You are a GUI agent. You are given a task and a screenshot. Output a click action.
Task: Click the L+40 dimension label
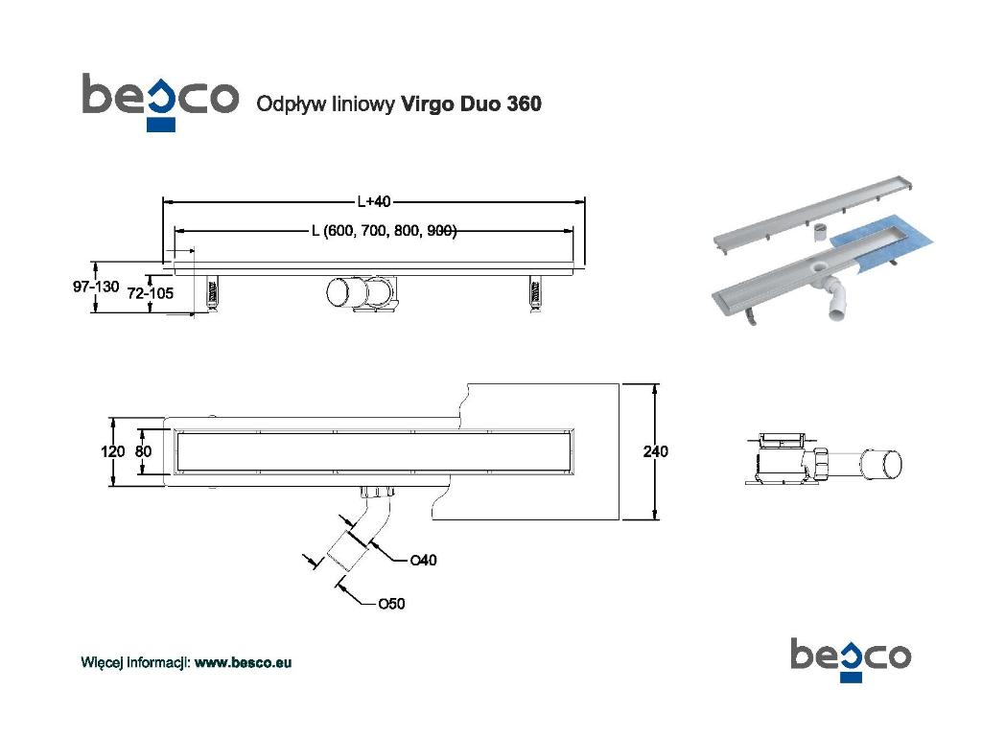(374, 201)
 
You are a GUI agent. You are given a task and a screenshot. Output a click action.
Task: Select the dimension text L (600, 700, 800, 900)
(384, 231)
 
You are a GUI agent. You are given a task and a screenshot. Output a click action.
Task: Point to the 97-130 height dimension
(96, 287)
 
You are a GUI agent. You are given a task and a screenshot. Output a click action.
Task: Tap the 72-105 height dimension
(151, 293)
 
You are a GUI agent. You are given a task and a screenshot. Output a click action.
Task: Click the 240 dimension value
(655, 451)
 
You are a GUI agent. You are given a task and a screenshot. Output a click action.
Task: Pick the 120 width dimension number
(113, 451)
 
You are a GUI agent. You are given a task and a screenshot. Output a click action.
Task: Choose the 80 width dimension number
(144, 451)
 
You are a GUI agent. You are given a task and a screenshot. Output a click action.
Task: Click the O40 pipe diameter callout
(423, 560)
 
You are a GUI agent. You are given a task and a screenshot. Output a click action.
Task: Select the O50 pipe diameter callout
(391, 604)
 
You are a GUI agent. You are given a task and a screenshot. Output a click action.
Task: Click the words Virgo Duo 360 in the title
(471, 103)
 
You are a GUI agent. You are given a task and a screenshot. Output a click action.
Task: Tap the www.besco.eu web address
(243, 662)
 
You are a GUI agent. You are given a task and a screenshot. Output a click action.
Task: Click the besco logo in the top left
(160, 102)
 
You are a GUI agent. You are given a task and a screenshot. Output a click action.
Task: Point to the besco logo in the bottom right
(851, 659)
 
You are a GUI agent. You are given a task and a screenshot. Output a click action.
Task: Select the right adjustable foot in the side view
(535, 292)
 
